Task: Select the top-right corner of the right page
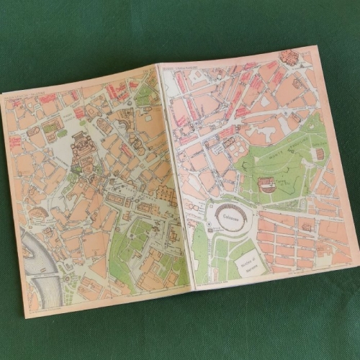tap(318, 48)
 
